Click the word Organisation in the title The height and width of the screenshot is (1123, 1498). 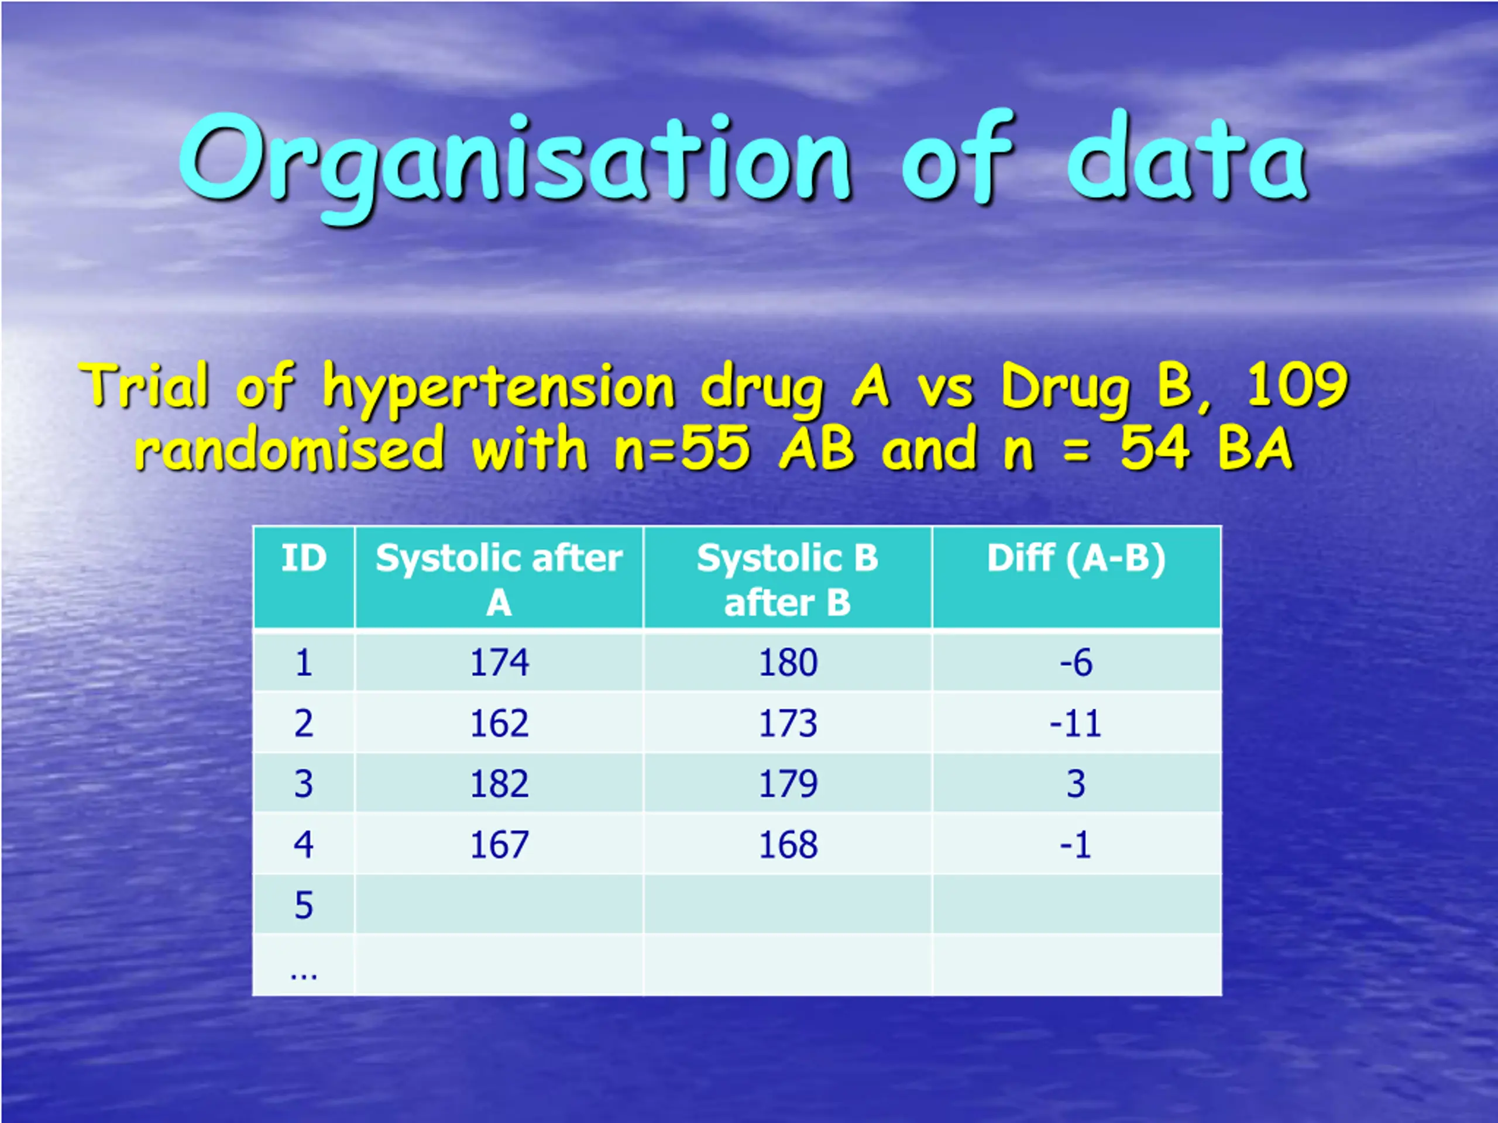[x=515, y=166]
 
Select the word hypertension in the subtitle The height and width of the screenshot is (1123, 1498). [x=499, y=388]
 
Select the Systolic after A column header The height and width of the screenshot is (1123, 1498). [x=499, y=580]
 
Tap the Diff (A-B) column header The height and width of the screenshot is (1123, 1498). [x=1076, y=559]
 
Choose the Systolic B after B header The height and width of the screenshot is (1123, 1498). [x=788, y=580]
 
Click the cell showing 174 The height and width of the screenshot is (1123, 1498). [x=499, y=662]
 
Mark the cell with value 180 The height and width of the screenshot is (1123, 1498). [x=788, y=662]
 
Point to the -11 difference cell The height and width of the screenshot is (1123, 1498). [x=1076, y=724]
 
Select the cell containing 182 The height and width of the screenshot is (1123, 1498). [x=499, y=784]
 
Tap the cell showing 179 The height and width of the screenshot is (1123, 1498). [x=788, y=784]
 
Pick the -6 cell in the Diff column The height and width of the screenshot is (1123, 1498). [x=1076, y=662]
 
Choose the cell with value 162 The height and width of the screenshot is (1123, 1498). [x=499, y=724]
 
